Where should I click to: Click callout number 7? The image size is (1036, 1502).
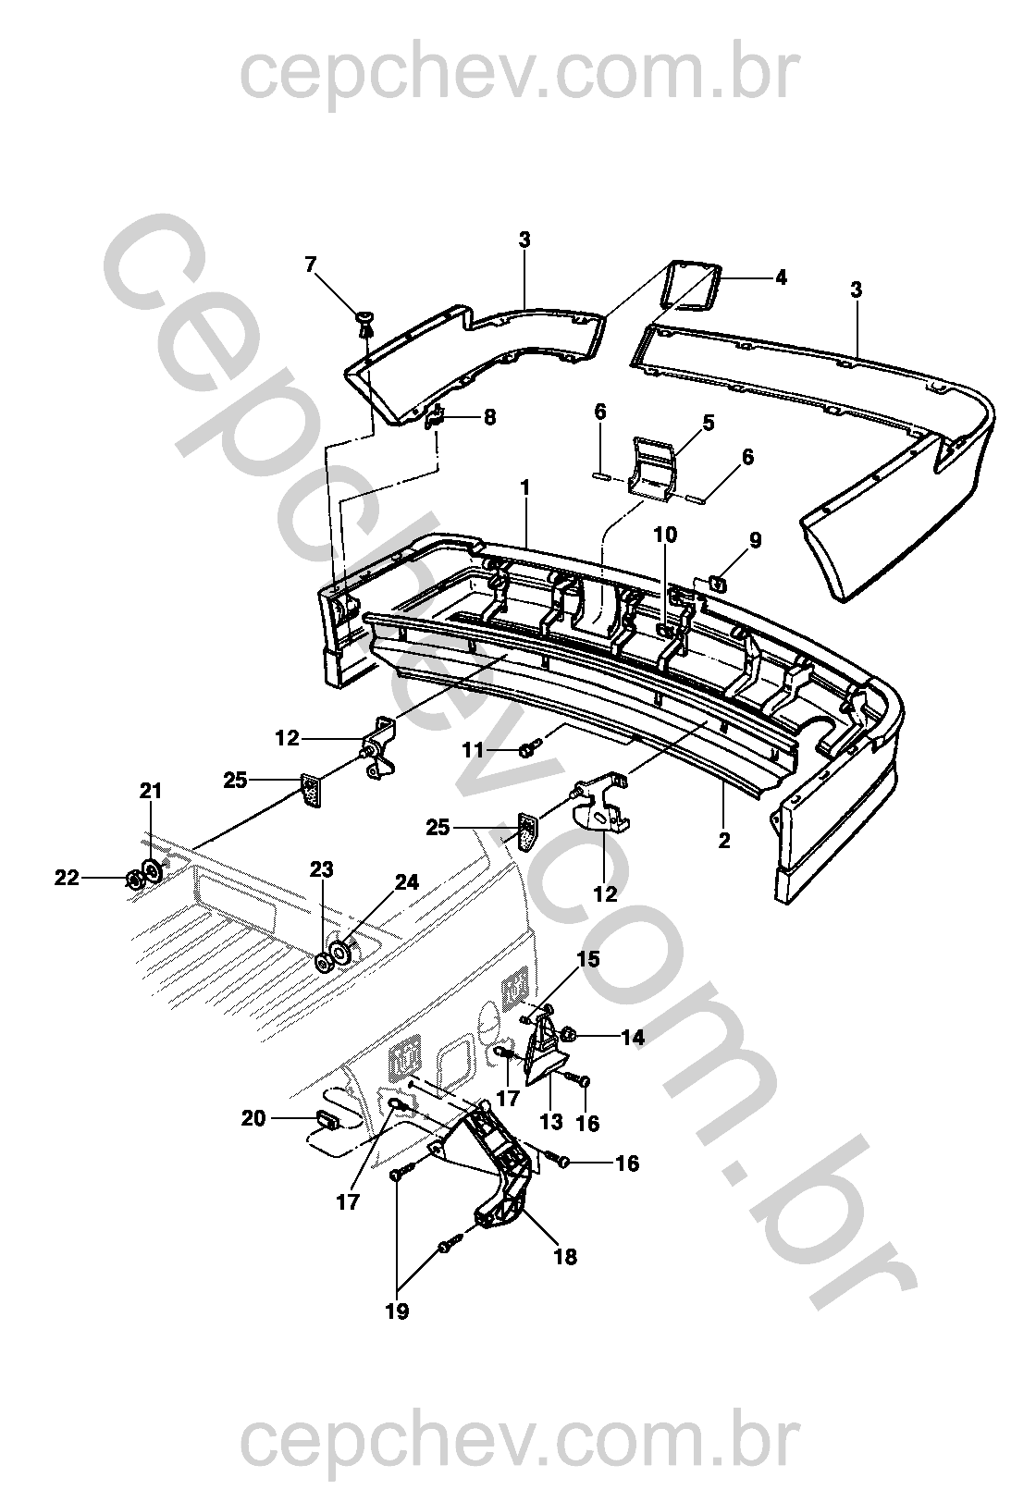[310, 265]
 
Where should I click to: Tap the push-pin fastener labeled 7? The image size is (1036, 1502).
[364, 323]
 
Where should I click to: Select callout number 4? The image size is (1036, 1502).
[781, 277]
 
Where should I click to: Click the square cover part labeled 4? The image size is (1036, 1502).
[691, 285]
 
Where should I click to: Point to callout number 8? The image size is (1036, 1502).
[490, 417]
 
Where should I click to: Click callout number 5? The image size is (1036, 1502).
[709, 423]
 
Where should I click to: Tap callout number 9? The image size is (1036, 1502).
[755, 540]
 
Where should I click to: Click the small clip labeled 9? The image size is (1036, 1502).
[718, 584]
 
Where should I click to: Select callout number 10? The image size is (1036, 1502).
[665, 535]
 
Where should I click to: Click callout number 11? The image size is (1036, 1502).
[474, 750]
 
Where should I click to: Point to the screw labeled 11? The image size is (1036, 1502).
[528, 747]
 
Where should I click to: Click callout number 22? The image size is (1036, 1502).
[67, 878]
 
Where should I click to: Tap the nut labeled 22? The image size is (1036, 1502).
[134, 879]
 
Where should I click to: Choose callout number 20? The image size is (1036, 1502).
[253, 1118]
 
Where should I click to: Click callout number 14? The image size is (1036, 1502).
[633, 1039]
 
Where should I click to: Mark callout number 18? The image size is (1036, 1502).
[565, 1257]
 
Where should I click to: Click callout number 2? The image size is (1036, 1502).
[724, 840]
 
